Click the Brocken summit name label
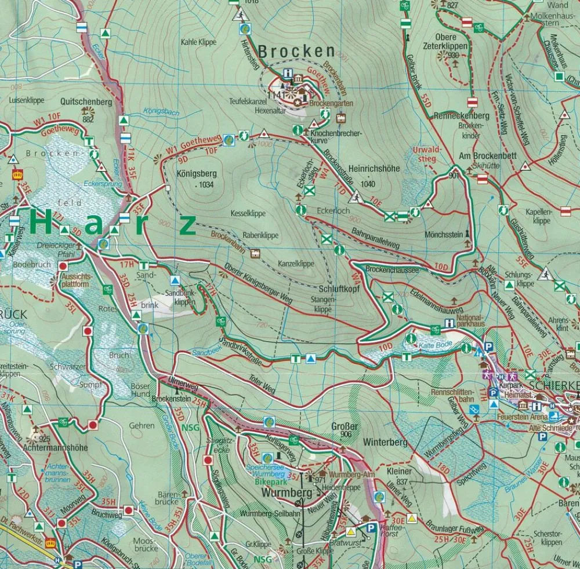pyautogui.click(x=296, y=52)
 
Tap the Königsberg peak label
pyautogui.click(x=194, y=173)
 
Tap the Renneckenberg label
pyautogui.click(x=463, y=116)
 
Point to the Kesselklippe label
pyautogui.click(x=248, y=213)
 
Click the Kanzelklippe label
pyautogui.click(x=296, y=263)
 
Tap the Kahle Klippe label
pyautogui.click(x=198, y=42)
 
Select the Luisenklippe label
pyautogui.click(x=27, y=100)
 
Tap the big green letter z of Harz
pyautogui.click(x=187, y=226)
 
